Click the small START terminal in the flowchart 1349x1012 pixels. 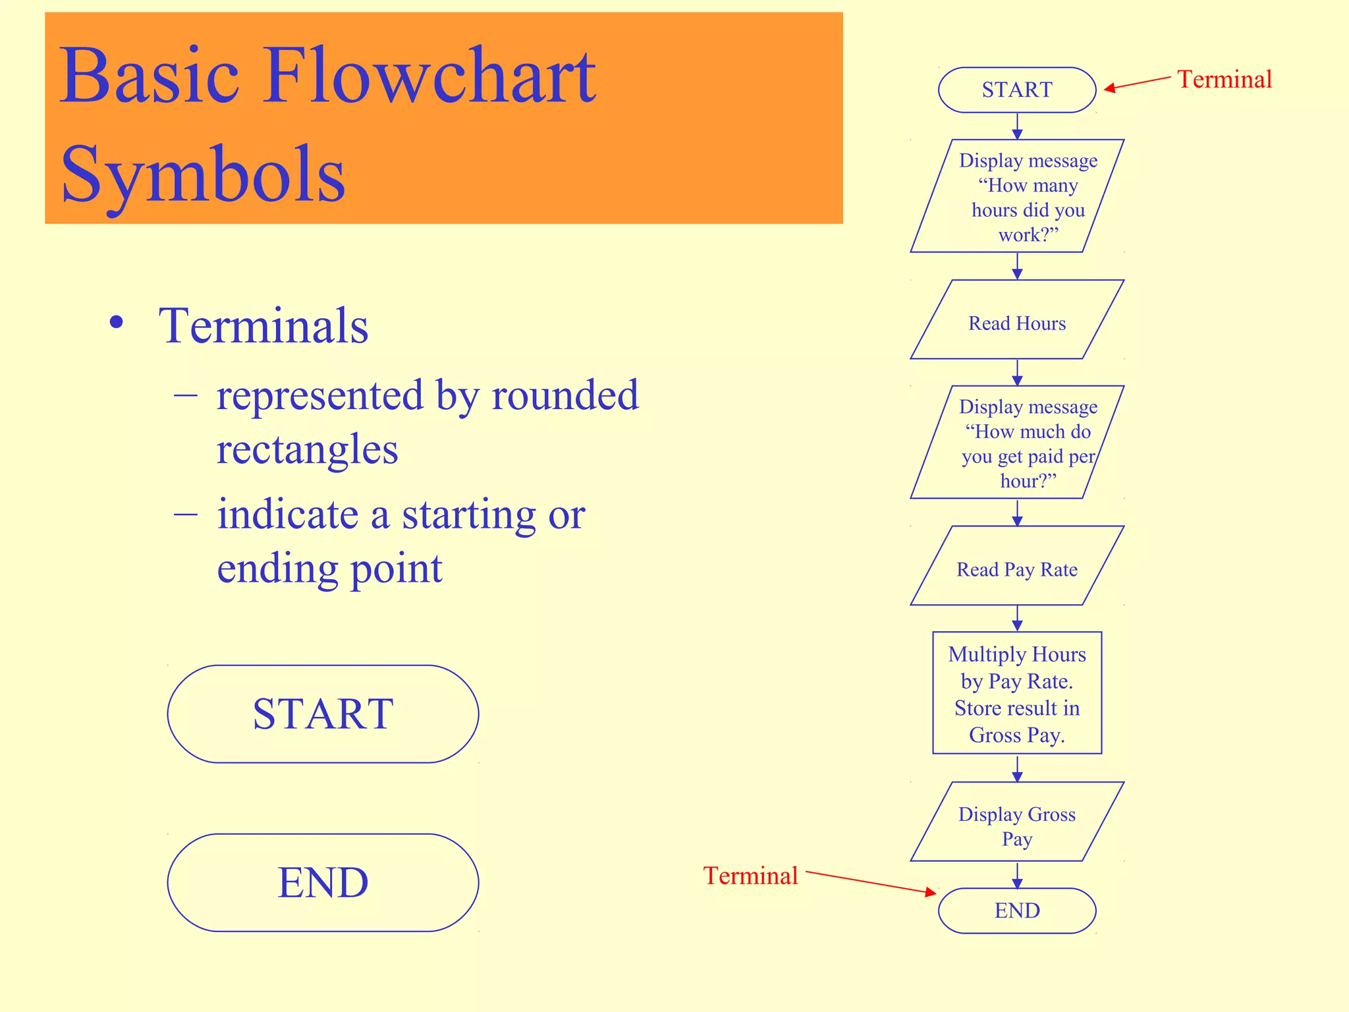pyautogui.click(x=1016, y=90)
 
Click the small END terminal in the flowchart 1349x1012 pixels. pyautogui.click(x=1016, y=911)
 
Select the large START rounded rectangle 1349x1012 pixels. pyautogui.click(x=323, y=714)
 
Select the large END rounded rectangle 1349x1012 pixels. pyautogui.click(x=323, y=882)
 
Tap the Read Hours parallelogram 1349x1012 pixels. pyautogui.click(x=1016, y=323)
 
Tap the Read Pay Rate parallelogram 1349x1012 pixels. pyautogui.click(x=1016, y=569)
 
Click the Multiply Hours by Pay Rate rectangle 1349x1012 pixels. pyautogui.click(x=1016, y=693)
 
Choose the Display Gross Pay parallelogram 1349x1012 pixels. pyautogui.click(x=1016, y=826)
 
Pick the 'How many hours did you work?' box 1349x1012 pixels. pyautogui.click(x=1016, y=196)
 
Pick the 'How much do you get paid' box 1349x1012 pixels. pyautogui.click(x=1016, y=443)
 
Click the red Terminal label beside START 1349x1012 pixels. pyautogui.click(x=1224, y=80)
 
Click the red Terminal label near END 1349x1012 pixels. pyautogui.click(x=750, y=876)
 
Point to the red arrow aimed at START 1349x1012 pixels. pyautogui.click(x=1138, y=83)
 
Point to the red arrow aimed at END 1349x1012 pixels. pyautogui.click(x=869, y=883)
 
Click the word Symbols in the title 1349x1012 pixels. pyautogui.click(x=203, y=174)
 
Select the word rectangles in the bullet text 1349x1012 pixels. pyautogui.click(x=307, y=449)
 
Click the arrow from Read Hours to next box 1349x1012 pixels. pyautogui.click(x=1017, y=372)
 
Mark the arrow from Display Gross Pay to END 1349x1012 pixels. pyautogui.click(x=1017, y=875)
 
